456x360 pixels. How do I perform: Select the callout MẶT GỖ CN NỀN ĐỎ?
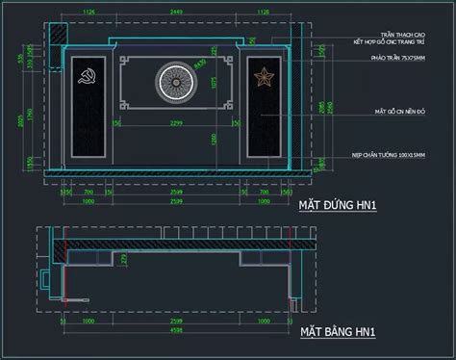401,112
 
